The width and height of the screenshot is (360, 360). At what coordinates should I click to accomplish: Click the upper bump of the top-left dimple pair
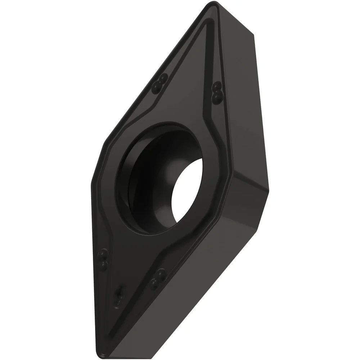point(163,79)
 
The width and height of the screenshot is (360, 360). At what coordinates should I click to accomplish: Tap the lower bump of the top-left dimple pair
point(157,86)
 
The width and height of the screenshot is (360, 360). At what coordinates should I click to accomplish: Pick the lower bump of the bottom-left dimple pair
point(104,266)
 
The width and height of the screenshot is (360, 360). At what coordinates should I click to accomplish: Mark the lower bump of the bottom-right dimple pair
point(154,284)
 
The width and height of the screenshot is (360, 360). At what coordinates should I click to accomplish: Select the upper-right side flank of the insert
point(248,108)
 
